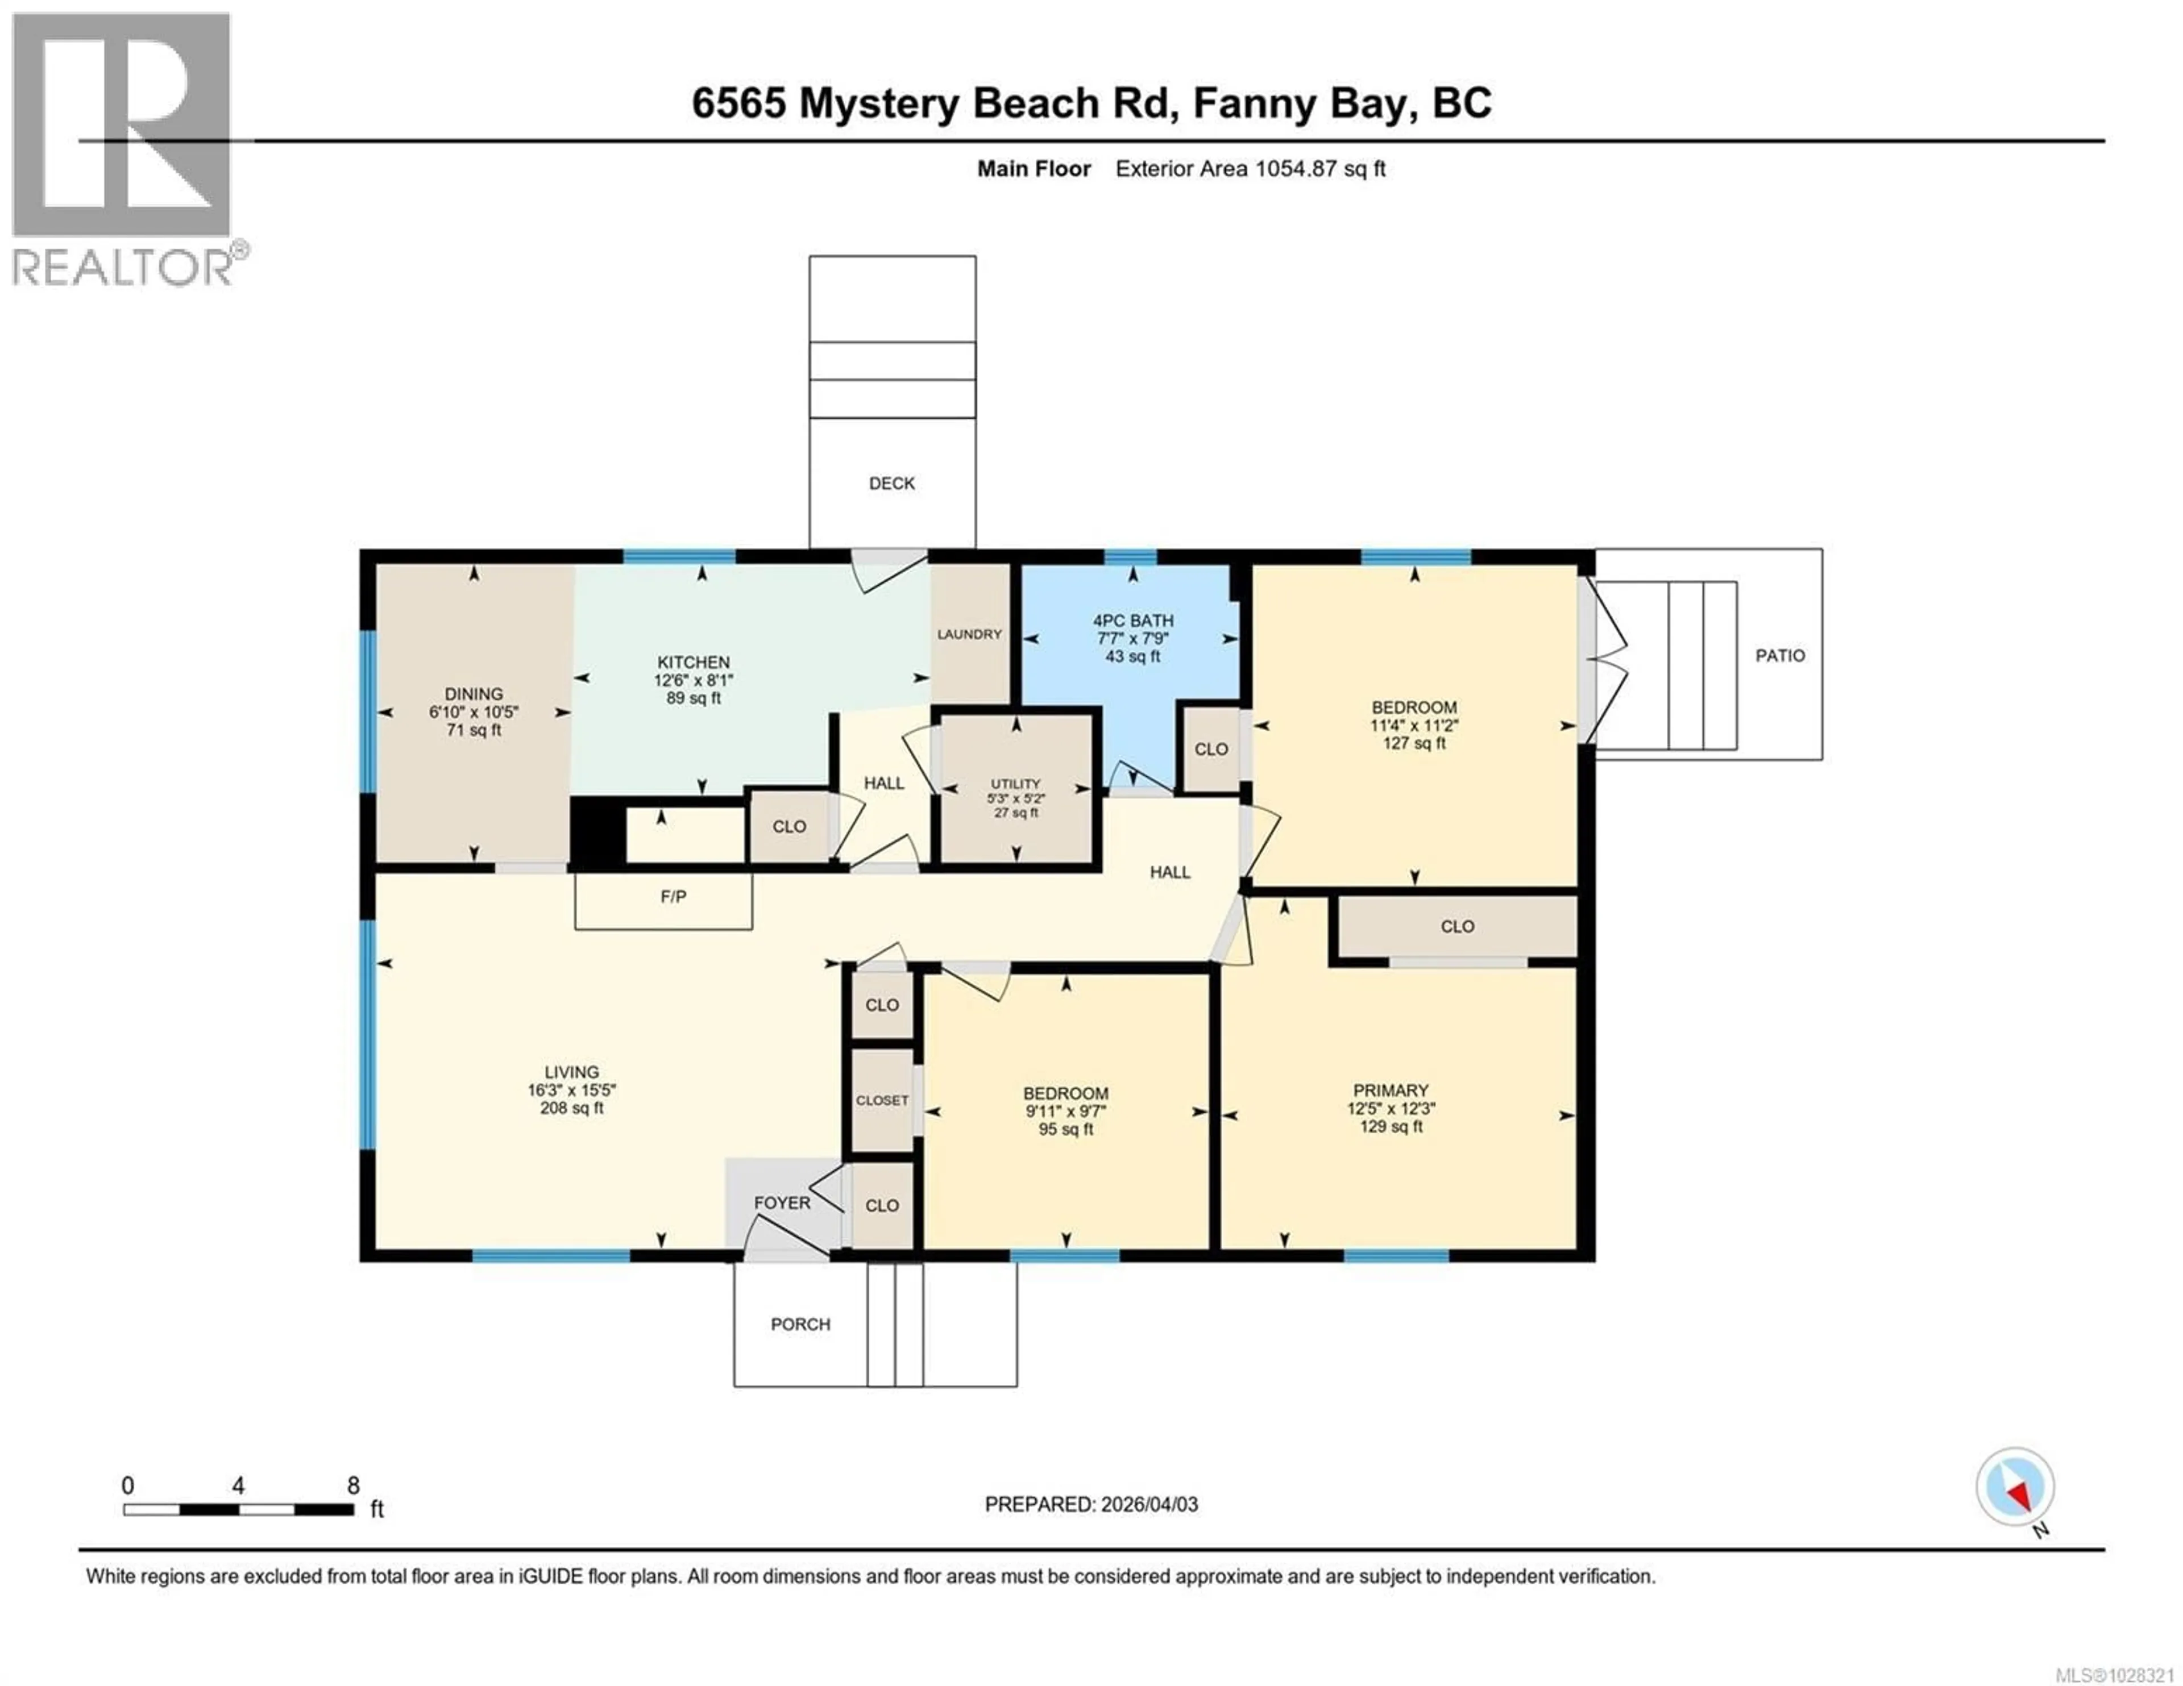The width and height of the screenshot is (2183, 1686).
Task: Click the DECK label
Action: (x=891, y=484)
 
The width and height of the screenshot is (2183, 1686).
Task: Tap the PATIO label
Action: (x=1780, y=656)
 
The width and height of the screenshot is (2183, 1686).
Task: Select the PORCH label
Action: (x=800, y=1324)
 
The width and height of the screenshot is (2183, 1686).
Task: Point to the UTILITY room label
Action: (x=1015, y=784)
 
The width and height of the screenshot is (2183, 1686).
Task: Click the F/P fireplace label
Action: (x=673, y=897)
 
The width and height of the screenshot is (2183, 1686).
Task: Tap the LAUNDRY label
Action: (x=969, y=634)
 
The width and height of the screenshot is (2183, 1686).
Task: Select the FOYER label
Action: (x=782, y=1202)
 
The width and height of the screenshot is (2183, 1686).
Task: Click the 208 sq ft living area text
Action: (x=572, y=1108)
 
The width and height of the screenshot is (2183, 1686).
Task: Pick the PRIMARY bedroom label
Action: (x=1391, y=1090)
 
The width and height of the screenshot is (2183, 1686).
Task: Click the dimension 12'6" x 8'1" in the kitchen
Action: (x=694, y=680)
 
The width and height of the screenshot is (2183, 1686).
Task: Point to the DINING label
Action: (x=474, y=694)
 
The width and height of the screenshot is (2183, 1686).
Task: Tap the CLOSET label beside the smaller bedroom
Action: (x=882, y=1100)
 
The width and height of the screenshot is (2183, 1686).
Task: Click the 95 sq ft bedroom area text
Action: (x=1065, y=1129)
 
